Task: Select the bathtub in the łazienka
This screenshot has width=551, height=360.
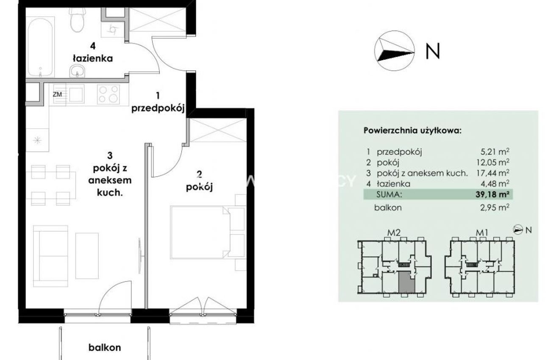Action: [40, 47]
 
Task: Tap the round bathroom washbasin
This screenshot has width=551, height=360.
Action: [77, 71]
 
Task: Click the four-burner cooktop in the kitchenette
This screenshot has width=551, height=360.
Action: [108, 94]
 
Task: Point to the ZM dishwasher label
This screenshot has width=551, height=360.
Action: [57, 94]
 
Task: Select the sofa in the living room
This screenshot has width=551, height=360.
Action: [51, 256]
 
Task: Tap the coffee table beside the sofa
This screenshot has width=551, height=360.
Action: [87, 256]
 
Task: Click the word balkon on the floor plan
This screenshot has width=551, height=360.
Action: [105, 348]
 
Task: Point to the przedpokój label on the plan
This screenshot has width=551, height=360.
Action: [158, 108]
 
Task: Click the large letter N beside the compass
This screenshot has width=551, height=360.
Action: [433, 51]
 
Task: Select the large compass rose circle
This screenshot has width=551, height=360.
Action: [394, 51]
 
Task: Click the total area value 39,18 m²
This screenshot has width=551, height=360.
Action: [492, 194]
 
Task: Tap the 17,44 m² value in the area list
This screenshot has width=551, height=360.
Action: [493, 173]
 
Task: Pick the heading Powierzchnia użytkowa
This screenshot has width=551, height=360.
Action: [412, 130]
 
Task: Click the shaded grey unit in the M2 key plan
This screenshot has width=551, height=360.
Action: [406, 282]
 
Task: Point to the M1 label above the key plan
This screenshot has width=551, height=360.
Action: [482, 233]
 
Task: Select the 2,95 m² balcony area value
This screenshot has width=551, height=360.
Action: [495, 208]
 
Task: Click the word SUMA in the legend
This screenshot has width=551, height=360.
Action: [389, 194]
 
